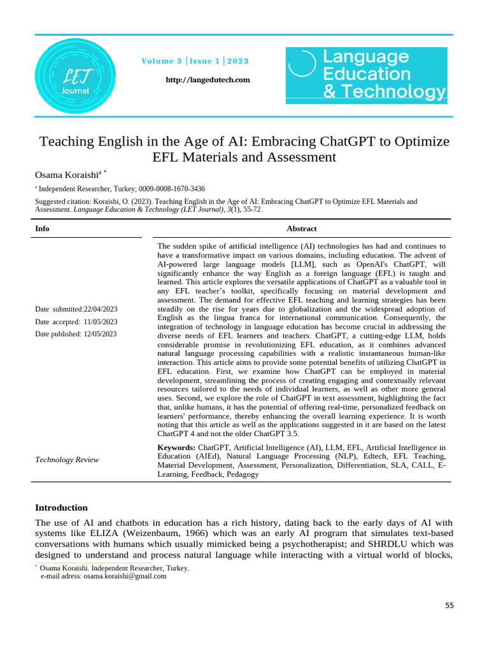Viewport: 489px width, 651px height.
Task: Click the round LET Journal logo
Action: click(x=75, y=79)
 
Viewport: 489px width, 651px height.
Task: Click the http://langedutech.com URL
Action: click(x=208, y=79)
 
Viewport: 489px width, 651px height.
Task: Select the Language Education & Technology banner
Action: click(x=366, y=74)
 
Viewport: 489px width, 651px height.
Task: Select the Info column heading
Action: click(x=42, y=229)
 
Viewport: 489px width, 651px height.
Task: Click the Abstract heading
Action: click(x=301, y=229)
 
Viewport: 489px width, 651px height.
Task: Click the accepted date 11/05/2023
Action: click(x=101, y=322)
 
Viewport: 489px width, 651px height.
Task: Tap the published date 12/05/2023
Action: click(x=101, y=334)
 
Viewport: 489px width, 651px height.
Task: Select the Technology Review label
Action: click(x=67, y=460)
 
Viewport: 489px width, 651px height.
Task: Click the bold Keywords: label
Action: click(x=176, y=448)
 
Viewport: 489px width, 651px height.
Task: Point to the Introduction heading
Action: click(x=61, y=507)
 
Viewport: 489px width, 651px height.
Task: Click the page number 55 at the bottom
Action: click(x=450, y=606)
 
